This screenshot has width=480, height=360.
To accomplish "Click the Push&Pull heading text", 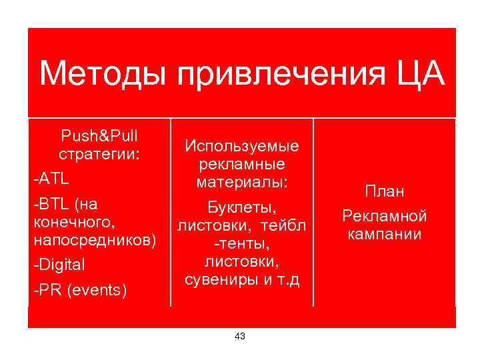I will tap(99, 137).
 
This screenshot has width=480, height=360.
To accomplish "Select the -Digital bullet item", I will tap(59, 265).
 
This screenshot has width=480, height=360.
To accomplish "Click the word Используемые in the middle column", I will tap(242, 146).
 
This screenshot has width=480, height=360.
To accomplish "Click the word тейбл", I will tap(283, 227).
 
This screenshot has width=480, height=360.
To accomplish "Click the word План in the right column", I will tap(384, 192).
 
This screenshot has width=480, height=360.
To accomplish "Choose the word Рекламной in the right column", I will tap(384, 216).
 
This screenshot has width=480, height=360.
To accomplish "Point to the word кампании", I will tap(384, 234).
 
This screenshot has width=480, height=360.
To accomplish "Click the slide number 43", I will tap(240, 336).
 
